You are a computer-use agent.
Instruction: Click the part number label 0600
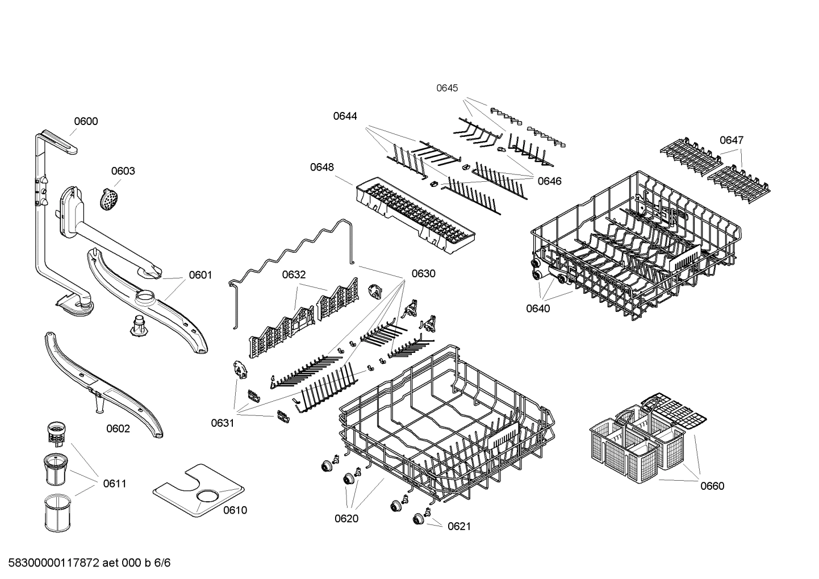tap(86, 121)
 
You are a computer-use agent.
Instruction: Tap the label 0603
tap(123, 171)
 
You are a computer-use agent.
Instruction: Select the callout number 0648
tap(322, 167)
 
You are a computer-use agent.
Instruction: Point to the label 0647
tap(732, 140)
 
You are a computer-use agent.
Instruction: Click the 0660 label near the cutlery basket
tap(712, 486)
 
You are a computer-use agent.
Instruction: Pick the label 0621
tap(459, 526)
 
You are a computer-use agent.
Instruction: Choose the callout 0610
tap(235, 510)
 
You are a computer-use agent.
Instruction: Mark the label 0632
tap(294, 275)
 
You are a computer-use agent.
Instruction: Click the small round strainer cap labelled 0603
tap(108, 199)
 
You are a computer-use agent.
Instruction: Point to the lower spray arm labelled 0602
tap(102, 386)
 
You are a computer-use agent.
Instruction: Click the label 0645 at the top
tap(446, 88)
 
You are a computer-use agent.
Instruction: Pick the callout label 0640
tap(537, 309)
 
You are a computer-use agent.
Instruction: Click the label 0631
tap(223, 423)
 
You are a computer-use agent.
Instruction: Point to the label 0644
tap(345, 116)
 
